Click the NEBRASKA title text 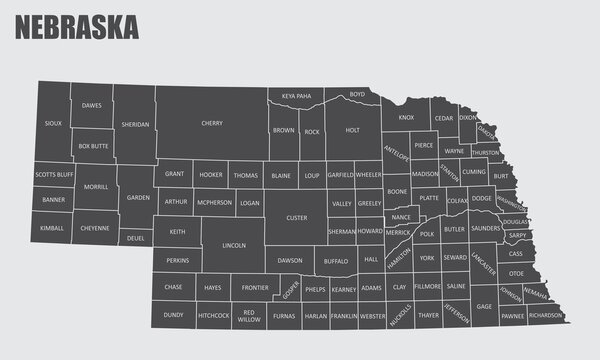[76, 28]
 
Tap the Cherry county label [212, 124]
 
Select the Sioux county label [53, 124]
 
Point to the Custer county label [297, 217]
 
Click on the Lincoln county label [234, 245]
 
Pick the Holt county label [352, 130]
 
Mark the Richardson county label [546, 315]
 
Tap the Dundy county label [173, 315]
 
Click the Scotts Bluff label [54, 174]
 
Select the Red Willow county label [250, 315]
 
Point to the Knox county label [405, 118]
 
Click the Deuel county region [136, 238]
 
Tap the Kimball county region [53, 228]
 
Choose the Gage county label [484, 305]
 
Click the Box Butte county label [92, 146]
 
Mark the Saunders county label [486, 228]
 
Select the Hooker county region [211, 174]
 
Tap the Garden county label [138, 197]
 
